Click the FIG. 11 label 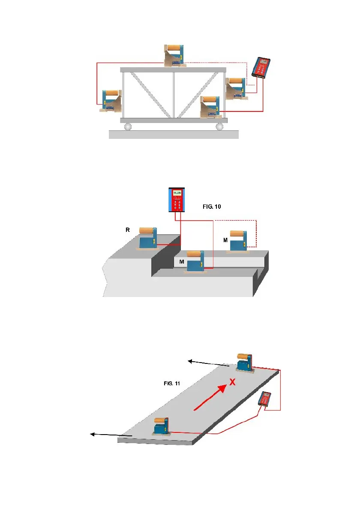171,383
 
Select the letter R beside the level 127,230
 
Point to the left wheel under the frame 128,126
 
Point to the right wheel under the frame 220,126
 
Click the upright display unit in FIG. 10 177,200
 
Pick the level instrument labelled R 147,239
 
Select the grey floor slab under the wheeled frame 174,135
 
